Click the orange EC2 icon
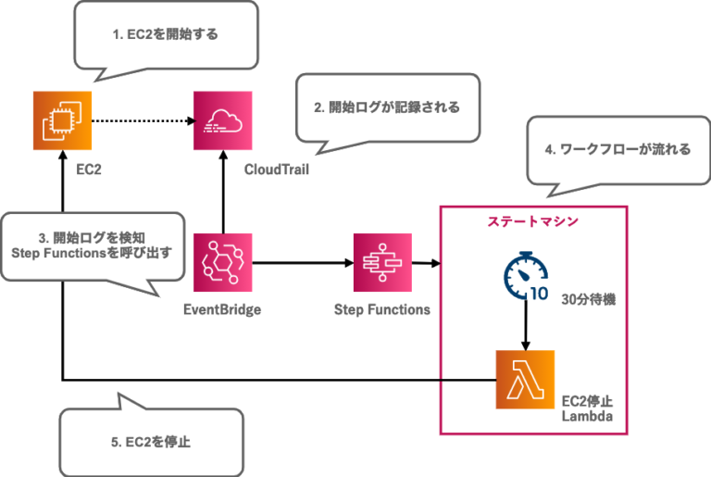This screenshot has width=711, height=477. [62, 120]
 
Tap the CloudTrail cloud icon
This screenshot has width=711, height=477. [222, 120]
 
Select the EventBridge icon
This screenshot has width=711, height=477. [222, 263]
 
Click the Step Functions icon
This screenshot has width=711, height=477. [381, 263]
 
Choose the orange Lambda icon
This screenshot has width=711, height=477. [526, 380]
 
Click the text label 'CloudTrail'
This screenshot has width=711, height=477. [276, 170]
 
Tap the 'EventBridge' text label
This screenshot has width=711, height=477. [222, 309]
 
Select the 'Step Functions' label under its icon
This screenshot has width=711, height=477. [381, 309]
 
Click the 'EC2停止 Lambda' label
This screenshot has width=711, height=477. [588, 410]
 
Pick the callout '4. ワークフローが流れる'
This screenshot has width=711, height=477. [612, 148]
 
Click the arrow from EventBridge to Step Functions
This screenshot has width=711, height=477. [301, 264]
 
